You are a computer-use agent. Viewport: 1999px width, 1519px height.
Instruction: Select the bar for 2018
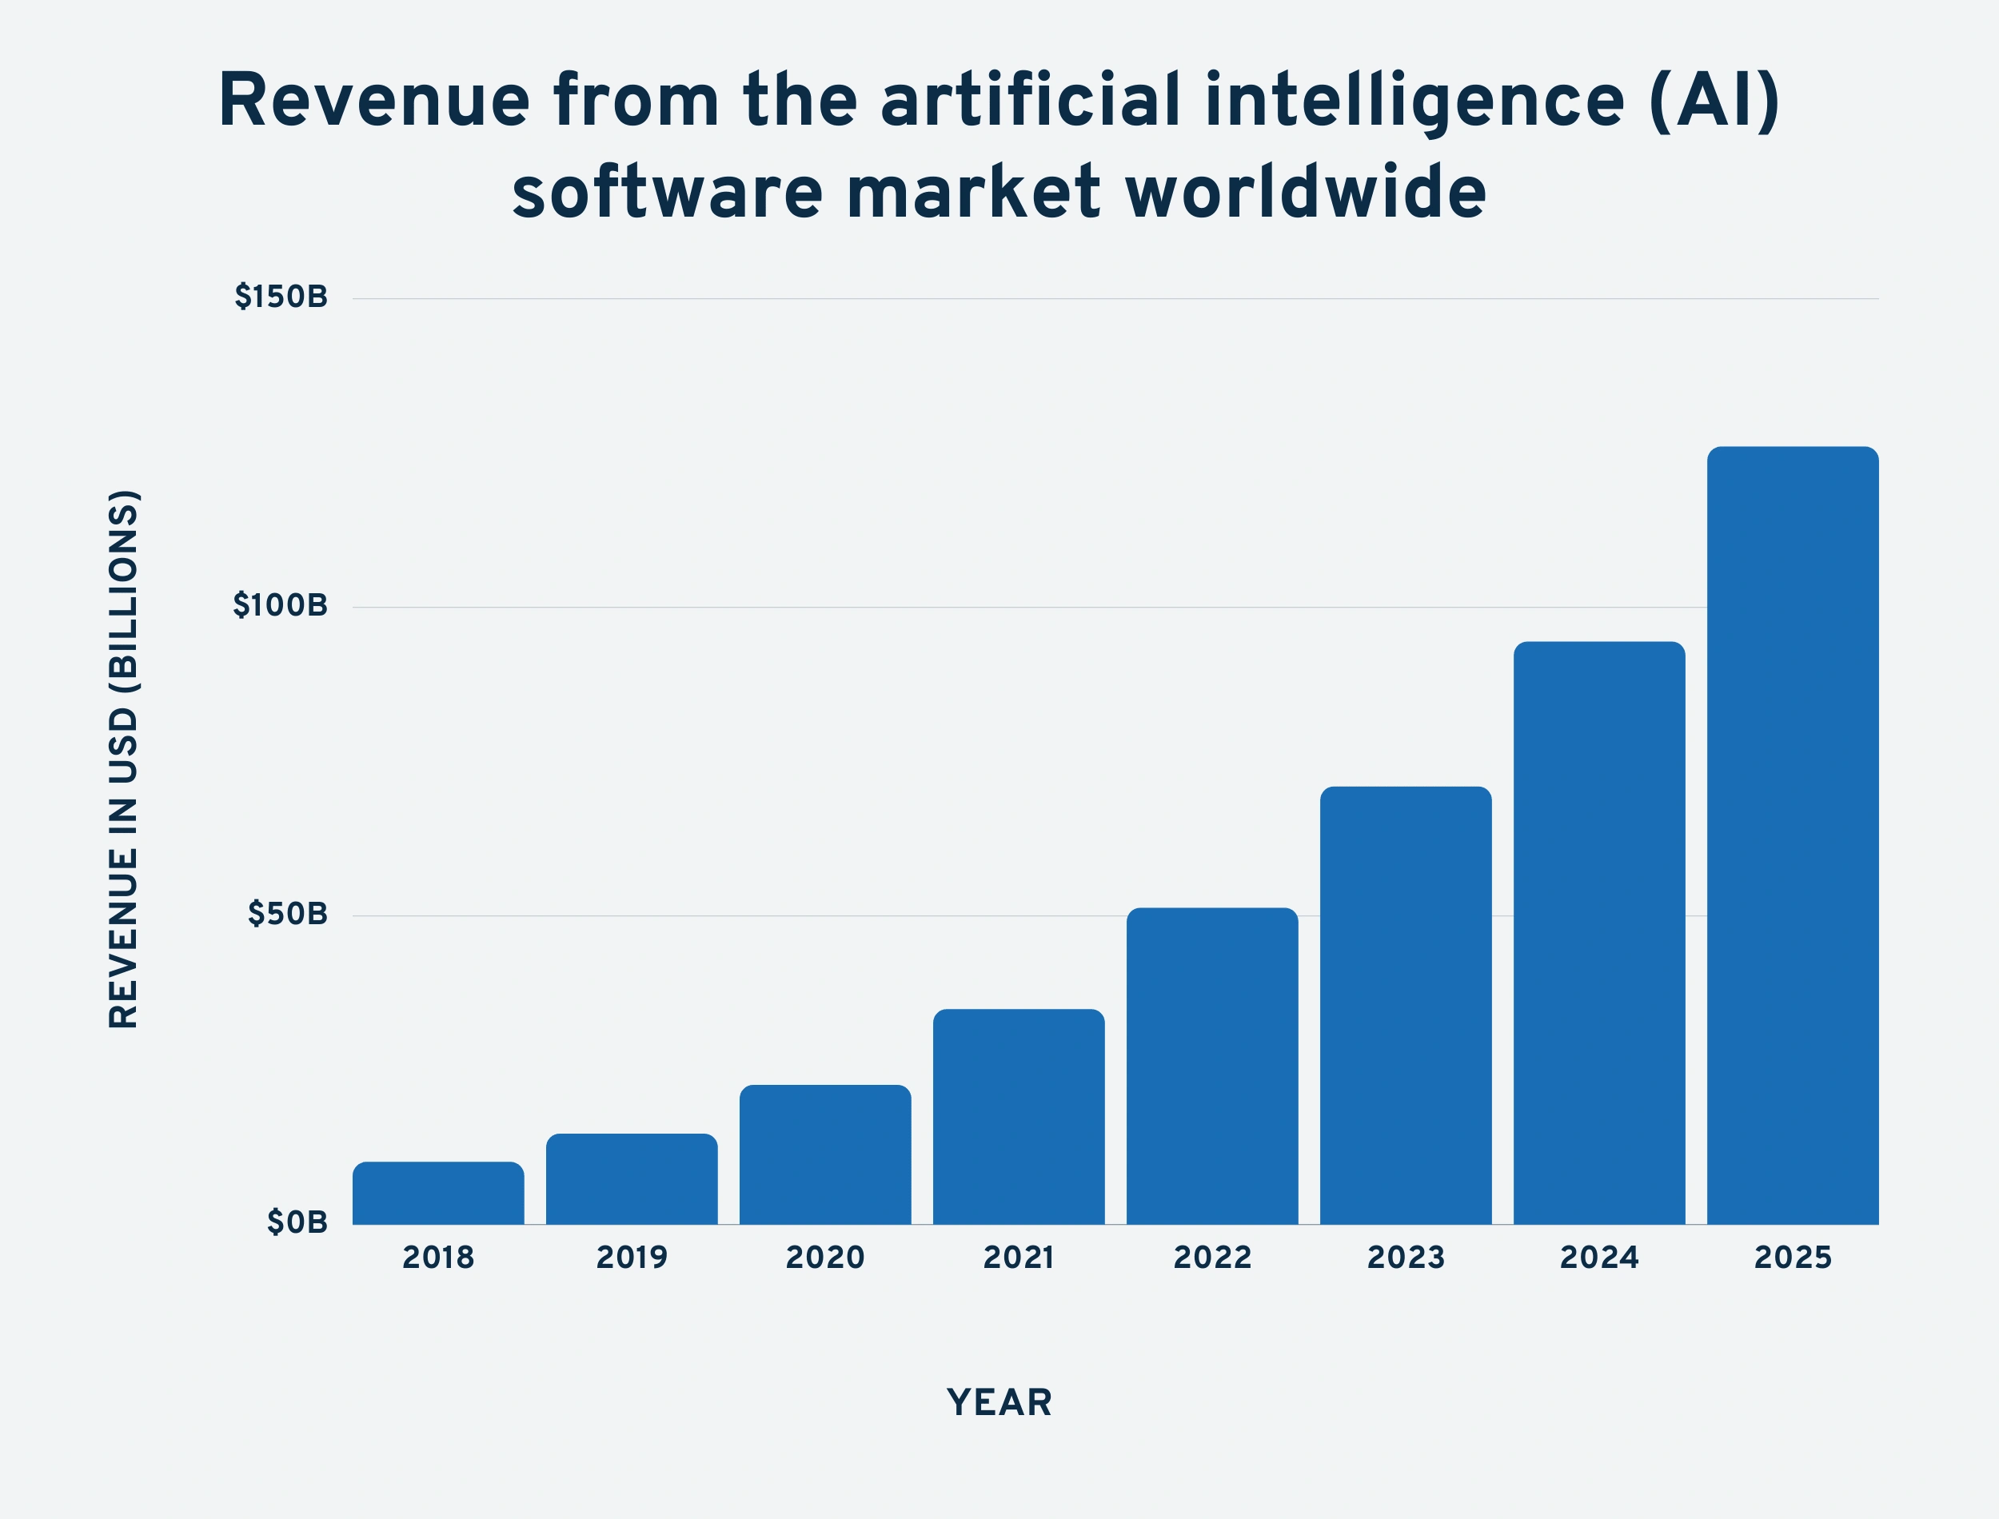point(437,1193)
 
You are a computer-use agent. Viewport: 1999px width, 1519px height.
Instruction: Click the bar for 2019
point(631,1179)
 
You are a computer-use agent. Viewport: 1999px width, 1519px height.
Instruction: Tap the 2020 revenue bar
point(824,1154)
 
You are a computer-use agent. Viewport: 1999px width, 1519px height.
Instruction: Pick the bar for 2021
point(1018,1117)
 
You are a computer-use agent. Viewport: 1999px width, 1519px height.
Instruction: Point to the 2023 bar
point(1405,1006)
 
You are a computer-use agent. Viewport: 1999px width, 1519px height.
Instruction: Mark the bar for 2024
point(1598,933)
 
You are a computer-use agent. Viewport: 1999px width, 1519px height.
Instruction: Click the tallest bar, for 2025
point(1792,835)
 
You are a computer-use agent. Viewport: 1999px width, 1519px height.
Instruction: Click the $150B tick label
point(281,297)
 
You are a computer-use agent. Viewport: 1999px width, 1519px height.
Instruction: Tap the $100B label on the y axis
point(281,606)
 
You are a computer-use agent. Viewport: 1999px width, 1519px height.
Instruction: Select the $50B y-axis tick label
point(288,914)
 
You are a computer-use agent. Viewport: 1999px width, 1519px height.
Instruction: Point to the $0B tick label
point(297,1222)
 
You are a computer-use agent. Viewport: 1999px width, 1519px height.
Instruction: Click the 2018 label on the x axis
point(437,1258)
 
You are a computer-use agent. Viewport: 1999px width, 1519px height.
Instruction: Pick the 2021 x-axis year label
point(1018,1258)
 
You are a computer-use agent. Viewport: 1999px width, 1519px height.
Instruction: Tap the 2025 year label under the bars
point(1792,1258)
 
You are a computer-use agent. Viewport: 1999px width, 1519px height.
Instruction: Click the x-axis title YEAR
point(999,1403)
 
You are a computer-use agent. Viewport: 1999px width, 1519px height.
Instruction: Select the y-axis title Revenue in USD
point(123,759)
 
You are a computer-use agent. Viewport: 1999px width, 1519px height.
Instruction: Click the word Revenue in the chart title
point(373,101)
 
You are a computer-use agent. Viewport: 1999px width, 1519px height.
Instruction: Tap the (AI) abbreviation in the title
point(1714,101)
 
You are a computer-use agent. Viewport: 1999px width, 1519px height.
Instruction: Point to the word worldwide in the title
point(1306,193)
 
